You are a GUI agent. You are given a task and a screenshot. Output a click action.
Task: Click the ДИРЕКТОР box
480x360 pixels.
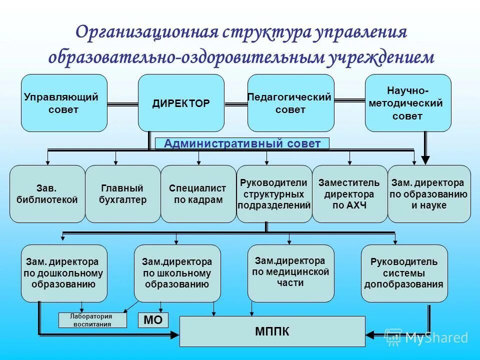coord(181,103)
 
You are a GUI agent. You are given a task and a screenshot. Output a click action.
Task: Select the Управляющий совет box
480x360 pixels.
coord(64,103)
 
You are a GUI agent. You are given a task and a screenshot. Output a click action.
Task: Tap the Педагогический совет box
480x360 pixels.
coord(291,103)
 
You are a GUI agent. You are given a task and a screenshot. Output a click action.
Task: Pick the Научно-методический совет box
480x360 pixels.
coord(408,103)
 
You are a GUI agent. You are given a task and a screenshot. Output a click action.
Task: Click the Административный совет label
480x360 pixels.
coord(242,144)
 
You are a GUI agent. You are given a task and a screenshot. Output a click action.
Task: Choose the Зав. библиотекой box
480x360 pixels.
coord(47,194)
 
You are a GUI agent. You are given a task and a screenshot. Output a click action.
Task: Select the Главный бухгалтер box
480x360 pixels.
coord(122,194)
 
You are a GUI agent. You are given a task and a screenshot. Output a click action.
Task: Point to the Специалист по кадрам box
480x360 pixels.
coord(198,194)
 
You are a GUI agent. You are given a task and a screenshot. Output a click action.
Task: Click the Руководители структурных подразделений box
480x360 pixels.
coord(274,194)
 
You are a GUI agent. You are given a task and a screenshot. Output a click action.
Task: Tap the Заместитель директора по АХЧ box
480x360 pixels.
coord(349,194)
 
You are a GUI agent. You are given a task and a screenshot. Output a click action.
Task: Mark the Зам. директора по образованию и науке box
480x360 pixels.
coord(429,194)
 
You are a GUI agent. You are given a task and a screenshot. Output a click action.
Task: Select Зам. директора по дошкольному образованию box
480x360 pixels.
coord(64,273)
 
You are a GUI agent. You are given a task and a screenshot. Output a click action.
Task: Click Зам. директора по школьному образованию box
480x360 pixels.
coord(177,273)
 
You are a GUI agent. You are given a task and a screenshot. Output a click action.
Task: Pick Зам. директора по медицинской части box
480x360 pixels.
coord(291,273)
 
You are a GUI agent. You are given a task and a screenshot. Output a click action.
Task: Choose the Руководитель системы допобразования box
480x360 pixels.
coord(404,273)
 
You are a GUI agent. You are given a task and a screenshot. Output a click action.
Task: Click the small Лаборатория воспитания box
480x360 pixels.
coord(91,320)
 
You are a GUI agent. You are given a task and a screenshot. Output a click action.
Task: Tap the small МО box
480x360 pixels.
coord(153,320)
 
